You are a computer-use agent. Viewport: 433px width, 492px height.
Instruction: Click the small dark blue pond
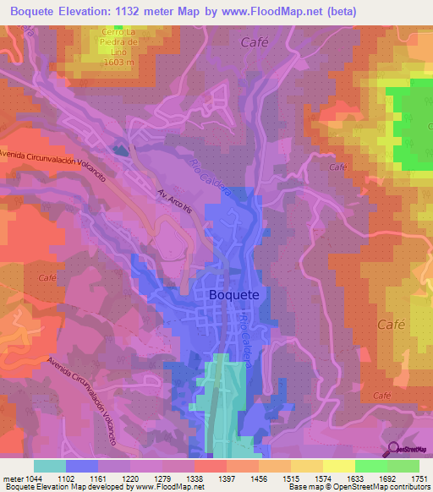(x=122, y=151)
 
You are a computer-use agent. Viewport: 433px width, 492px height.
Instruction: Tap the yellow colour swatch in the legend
(x=338, y=466)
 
